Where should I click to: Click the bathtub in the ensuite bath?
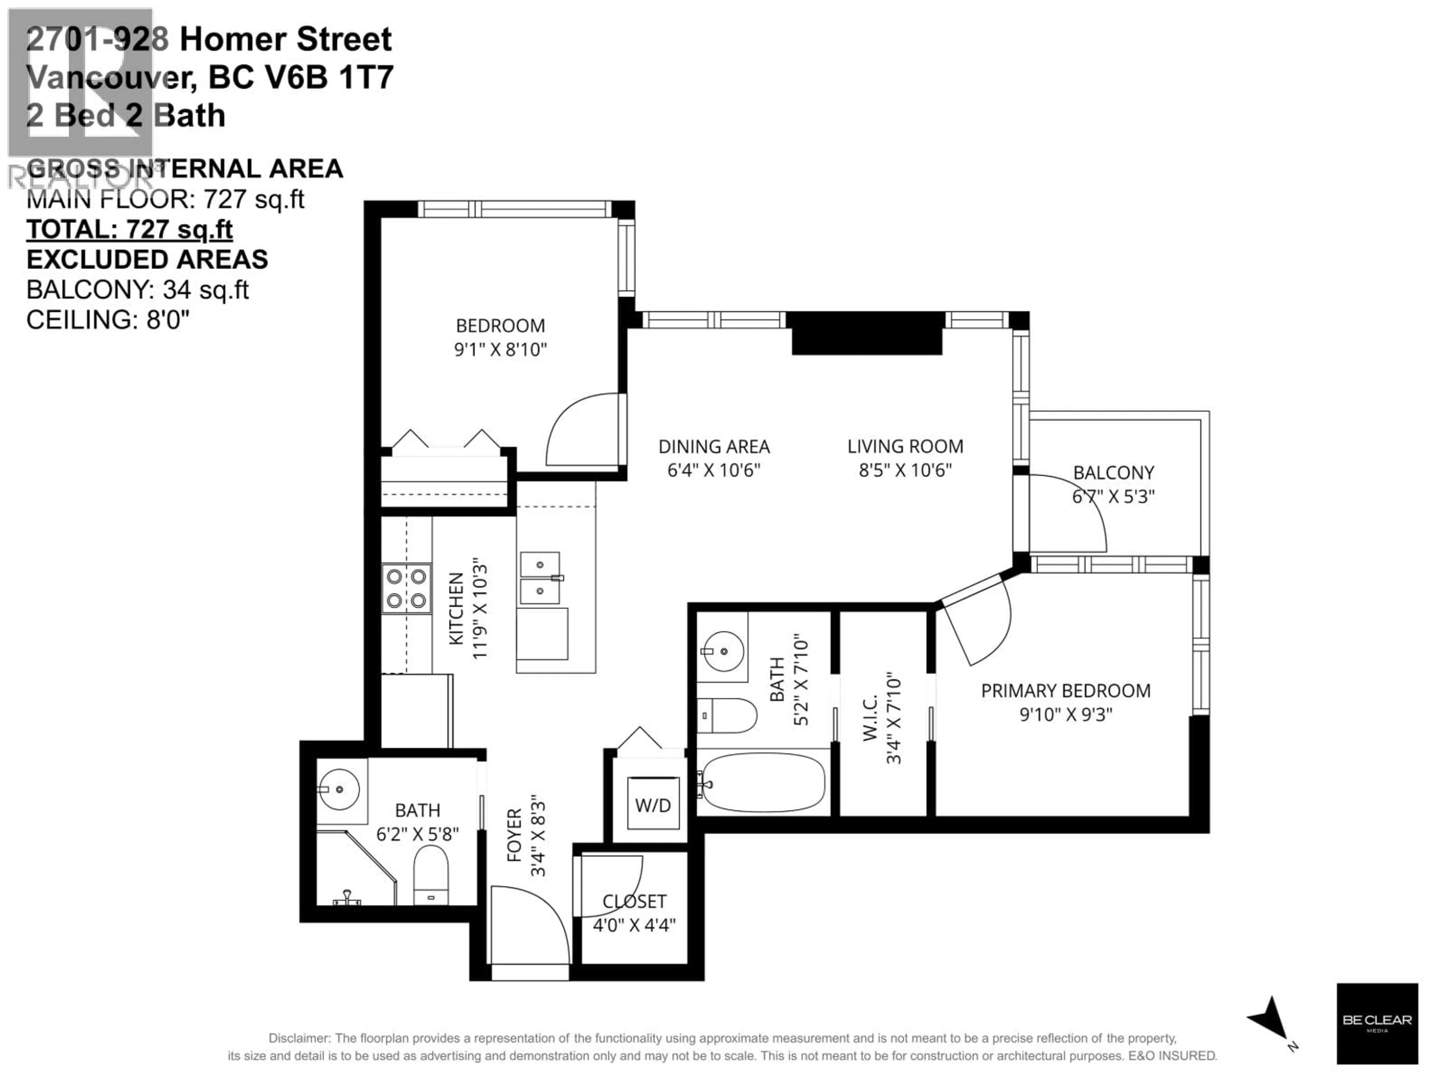[x=762, y=783]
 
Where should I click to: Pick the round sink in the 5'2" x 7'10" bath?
[x=723, y=651]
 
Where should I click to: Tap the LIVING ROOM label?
[x=905, y=447]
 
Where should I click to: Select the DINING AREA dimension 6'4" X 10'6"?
[x=714, y=470]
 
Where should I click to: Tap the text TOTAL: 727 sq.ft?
[x=130, y=229]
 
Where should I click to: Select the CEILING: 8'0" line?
[x=108, y=320]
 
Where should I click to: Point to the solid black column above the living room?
[x=867, y=333]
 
